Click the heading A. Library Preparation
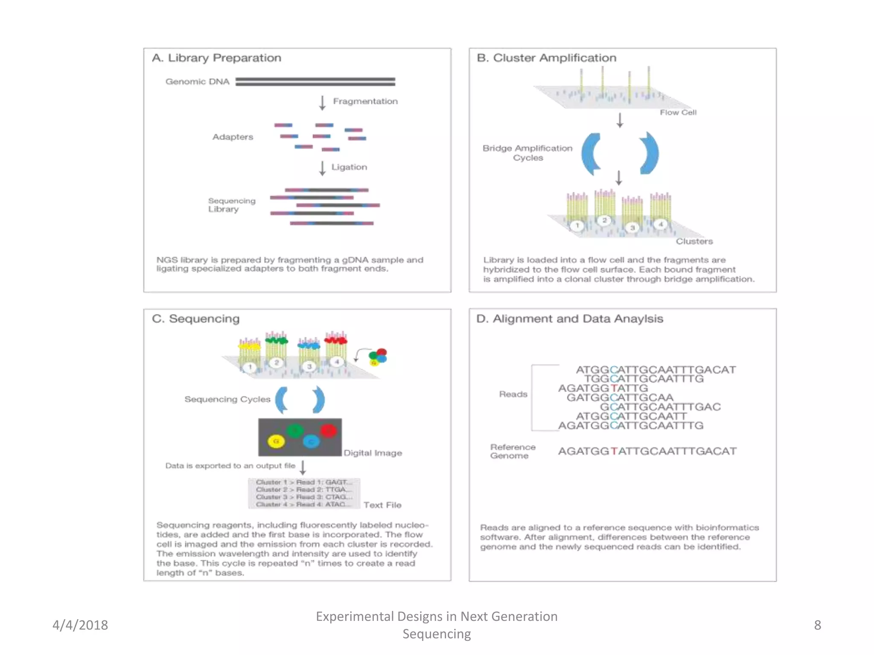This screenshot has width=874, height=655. coord(216,58)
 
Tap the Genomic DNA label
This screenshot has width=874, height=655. coord(197,81)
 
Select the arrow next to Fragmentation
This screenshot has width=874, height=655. coord(322,103)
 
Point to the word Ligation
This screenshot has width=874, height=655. coord(349,167)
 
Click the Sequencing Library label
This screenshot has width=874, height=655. coord(231,205)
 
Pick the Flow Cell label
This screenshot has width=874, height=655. coord(678,113)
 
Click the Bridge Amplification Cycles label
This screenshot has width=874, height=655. coord(527,153)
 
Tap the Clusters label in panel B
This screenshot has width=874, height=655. coord(694,241)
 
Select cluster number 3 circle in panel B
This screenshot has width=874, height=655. coord(632,228)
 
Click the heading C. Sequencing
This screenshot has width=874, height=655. coord(196,319)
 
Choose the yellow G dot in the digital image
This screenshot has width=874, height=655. coord(276,441)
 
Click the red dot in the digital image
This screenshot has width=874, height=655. coord(329,430)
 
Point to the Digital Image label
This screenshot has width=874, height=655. coord(373,453)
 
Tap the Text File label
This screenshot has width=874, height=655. coord(382,505)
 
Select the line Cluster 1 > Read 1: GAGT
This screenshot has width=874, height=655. coord(304,482)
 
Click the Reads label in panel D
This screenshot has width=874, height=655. coord(513,394)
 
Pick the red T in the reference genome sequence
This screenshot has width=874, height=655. coord(614,451)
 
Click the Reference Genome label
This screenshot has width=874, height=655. coord(512,451)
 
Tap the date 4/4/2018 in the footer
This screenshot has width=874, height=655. coord(80,625)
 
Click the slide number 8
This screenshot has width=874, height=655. coord(817,625)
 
